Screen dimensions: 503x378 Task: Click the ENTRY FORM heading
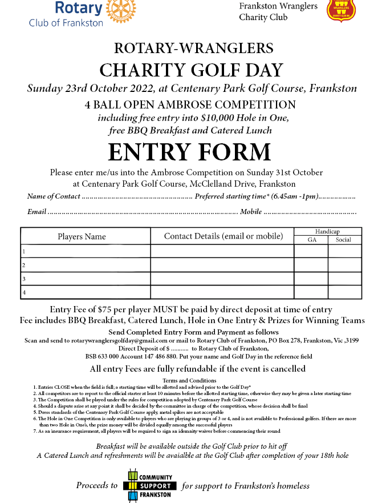pyautogui.click(x=189, y=152)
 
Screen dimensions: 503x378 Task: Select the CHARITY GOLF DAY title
pyautogui.click(x=191, y=70)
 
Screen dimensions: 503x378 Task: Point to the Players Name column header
pyautogui.click(x=82, y=236)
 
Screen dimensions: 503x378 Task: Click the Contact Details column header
pyautogui.click(x=223, y=236)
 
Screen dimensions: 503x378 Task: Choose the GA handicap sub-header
pyautogui.click(x=311, y=240)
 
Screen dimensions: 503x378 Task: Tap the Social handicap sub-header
pyautogui.click(x=344, y=240)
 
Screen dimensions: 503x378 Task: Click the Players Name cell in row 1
pyautogui.click(x=86, y=251)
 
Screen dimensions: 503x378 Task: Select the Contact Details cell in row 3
pyautogui.click(x=222, y=279)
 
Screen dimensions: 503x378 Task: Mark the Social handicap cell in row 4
pyautogui.click(x=344, y=292)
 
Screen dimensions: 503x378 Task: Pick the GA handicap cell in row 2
pyautogui.click(x=311, y=265)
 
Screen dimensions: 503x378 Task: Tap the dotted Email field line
pyautogui.click(x=142, y=212)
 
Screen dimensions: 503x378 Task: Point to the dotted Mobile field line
pyautogui.click(x=310, y=212)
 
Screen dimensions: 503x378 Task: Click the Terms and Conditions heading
pyautogui.click(x=189, y=380)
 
